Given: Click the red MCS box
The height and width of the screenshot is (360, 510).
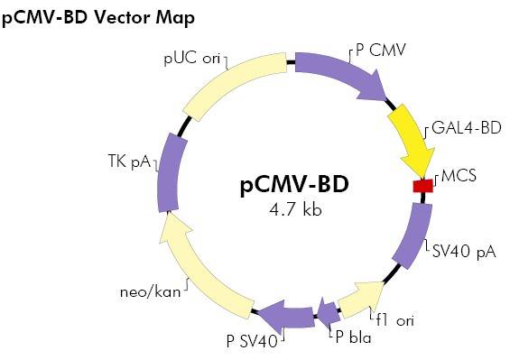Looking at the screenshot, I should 422,186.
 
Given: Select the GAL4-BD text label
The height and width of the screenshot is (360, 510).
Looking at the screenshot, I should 466,128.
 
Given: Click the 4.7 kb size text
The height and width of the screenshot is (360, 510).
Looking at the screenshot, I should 295,210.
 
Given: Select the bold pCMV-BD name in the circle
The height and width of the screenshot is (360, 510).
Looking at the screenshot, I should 294,186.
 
